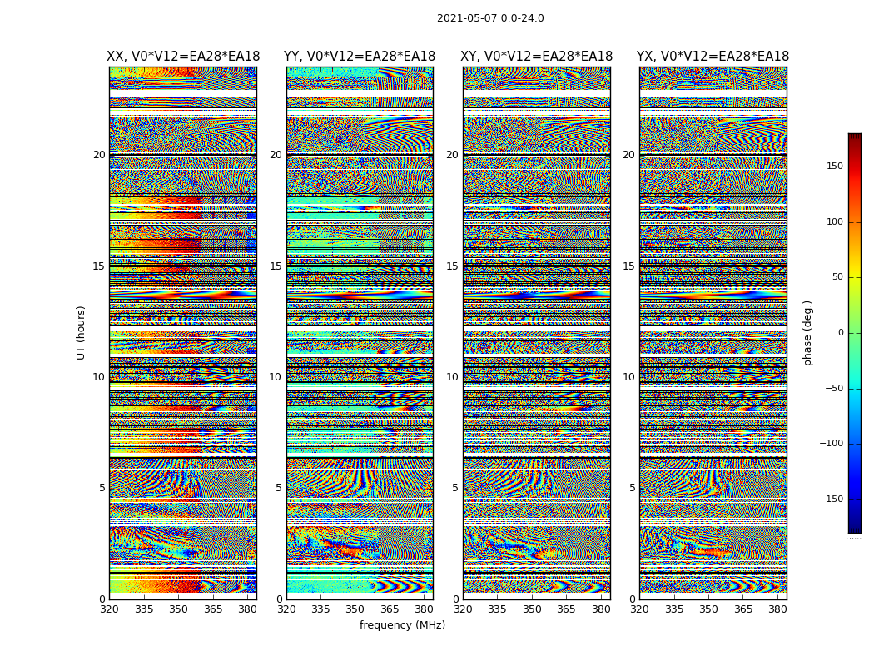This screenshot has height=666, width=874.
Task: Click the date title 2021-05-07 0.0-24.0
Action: pos(490,18)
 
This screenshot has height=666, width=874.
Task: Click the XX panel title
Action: pos(183,57)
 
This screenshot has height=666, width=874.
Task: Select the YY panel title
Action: pos(360,57)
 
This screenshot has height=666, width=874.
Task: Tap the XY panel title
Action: pos(537,57)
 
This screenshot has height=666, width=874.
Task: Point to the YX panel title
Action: pos(713,57)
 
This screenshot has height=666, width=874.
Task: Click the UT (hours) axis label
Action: pos(82,332)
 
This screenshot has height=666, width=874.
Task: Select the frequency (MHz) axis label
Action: pos(402,625)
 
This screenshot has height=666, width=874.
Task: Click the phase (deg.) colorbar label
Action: pos(807,333)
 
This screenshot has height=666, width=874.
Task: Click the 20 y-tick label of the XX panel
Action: pos(99,155)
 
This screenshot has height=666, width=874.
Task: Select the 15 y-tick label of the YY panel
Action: pos(276,266)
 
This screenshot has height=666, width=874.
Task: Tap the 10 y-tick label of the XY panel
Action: pos(452,377)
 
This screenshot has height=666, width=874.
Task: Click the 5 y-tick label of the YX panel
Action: pos(632,488)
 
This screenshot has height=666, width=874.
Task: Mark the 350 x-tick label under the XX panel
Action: pos(178,609)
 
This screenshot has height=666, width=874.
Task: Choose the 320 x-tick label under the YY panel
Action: pos(286,609)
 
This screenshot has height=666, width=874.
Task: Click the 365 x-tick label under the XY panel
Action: pos(566,609)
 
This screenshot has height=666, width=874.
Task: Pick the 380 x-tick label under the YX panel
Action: pos(777,609)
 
